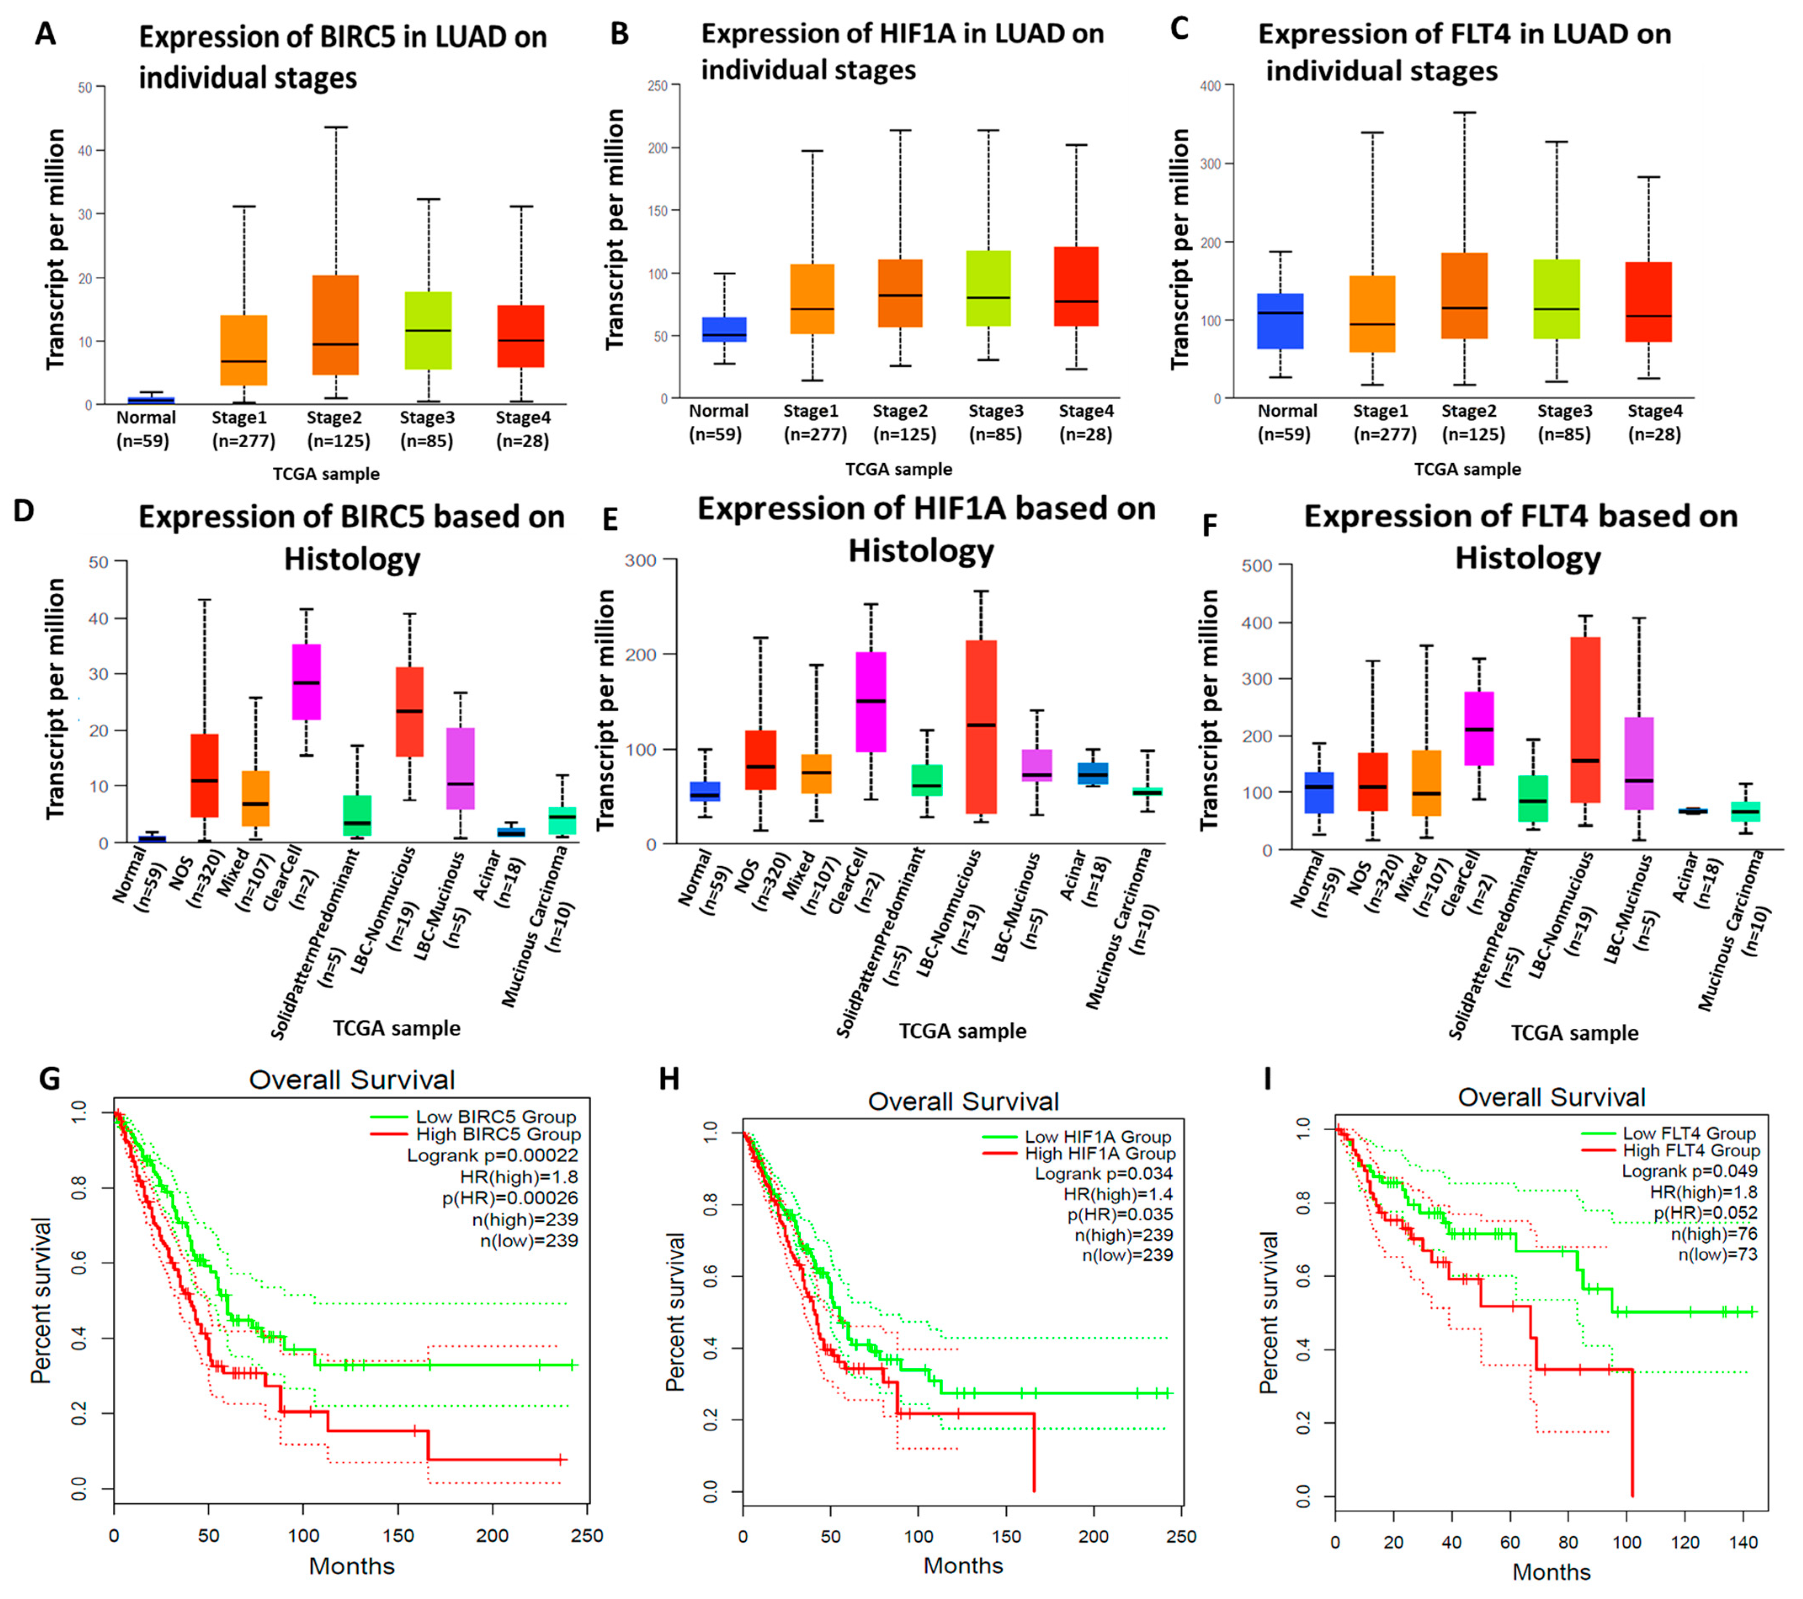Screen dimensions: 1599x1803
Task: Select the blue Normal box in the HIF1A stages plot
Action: (x=723, y=329)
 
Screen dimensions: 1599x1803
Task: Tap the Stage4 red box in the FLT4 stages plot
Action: (x=1649, y=302)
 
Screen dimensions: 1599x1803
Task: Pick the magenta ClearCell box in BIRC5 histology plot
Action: (x=306, y=681)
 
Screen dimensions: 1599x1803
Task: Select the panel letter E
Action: (x=609, y=520)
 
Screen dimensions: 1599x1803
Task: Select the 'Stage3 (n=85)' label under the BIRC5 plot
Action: (x=427, y=429)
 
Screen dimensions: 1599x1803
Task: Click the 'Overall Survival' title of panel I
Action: (x=1551, y=1098)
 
